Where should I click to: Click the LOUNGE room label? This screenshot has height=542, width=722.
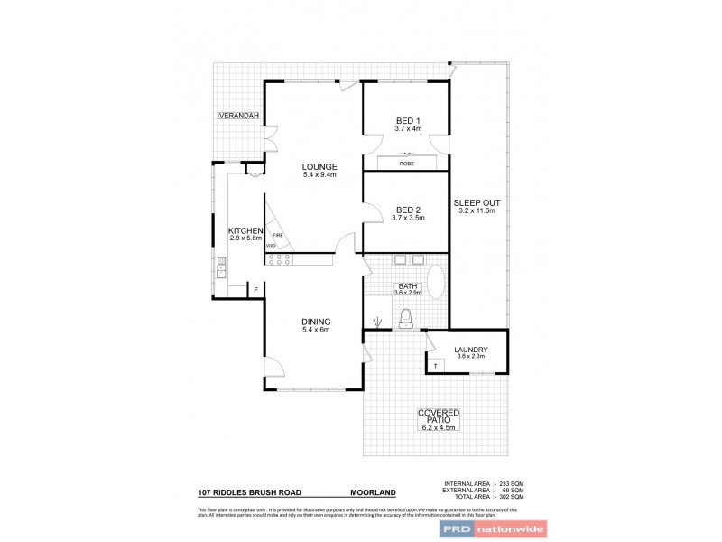319,166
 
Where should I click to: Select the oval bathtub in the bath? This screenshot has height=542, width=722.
435,282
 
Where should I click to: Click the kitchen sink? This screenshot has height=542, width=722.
221,266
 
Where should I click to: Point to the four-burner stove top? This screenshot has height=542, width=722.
278,259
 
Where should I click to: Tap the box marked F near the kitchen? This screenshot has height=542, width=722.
255,289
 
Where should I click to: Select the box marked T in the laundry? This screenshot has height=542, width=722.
436,365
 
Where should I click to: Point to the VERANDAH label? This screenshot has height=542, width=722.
238,117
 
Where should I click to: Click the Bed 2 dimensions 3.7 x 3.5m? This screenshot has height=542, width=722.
408,219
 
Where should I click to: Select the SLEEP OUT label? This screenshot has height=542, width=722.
477,202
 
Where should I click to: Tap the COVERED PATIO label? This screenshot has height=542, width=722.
439,416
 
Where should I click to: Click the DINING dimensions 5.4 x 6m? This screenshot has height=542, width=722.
316,330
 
